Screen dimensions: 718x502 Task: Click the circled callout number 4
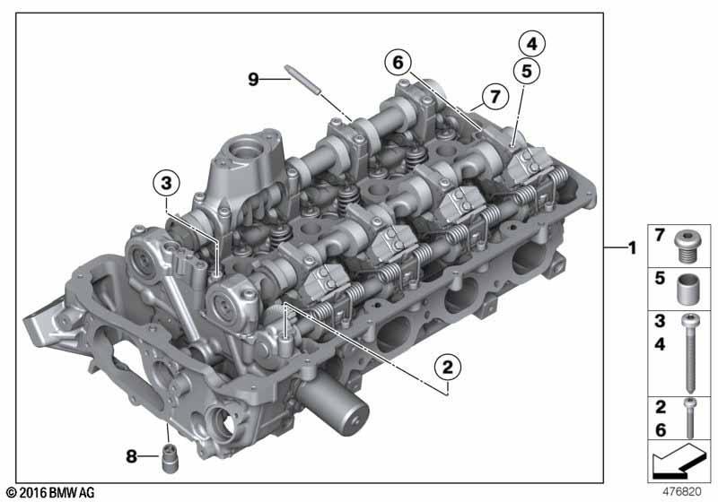(x=531, y=44)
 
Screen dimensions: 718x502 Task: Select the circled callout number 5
(x=527, y=72)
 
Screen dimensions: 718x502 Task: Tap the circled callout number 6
(x=398, y=62)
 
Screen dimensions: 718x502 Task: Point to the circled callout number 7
(x=495, y=97)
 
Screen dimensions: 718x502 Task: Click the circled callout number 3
(x=166, y=184)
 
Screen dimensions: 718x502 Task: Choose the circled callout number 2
(x=447, y=368)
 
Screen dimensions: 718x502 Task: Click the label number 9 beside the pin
(x=253, y=79)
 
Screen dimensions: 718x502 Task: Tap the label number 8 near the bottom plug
(x=131, y=455)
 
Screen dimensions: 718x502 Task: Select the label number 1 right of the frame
(x=633, y=247)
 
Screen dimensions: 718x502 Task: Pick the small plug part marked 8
(x=171, y=458)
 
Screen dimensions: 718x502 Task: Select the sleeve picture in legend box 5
(x=688, y=289)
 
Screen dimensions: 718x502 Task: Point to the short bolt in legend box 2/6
(x=690, y=418)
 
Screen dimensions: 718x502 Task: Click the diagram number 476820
(x=682, y=491)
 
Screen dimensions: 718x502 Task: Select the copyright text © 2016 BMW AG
(x=51, y=492)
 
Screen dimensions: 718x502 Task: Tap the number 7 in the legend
(x=660, y=235)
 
